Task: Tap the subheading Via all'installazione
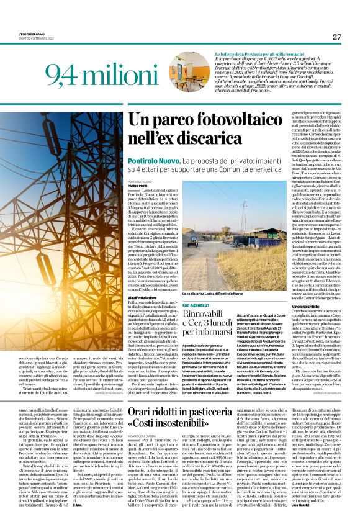(x=143, y=299)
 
